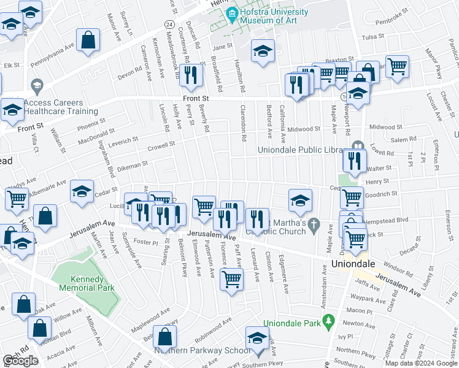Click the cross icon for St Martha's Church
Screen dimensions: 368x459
tap(314, 224)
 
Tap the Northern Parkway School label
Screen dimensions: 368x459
tap(202, 350)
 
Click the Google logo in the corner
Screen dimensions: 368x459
tap(20, 361)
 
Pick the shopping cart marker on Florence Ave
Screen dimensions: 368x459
tap(231, 279)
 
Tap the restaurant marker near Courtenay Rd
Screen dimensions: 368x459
tap(193, 75)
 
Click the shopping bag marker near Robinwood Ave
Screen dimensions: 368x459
tap(164, 336)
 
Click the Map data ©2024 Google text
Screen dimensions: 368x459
tap(421, 363)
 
